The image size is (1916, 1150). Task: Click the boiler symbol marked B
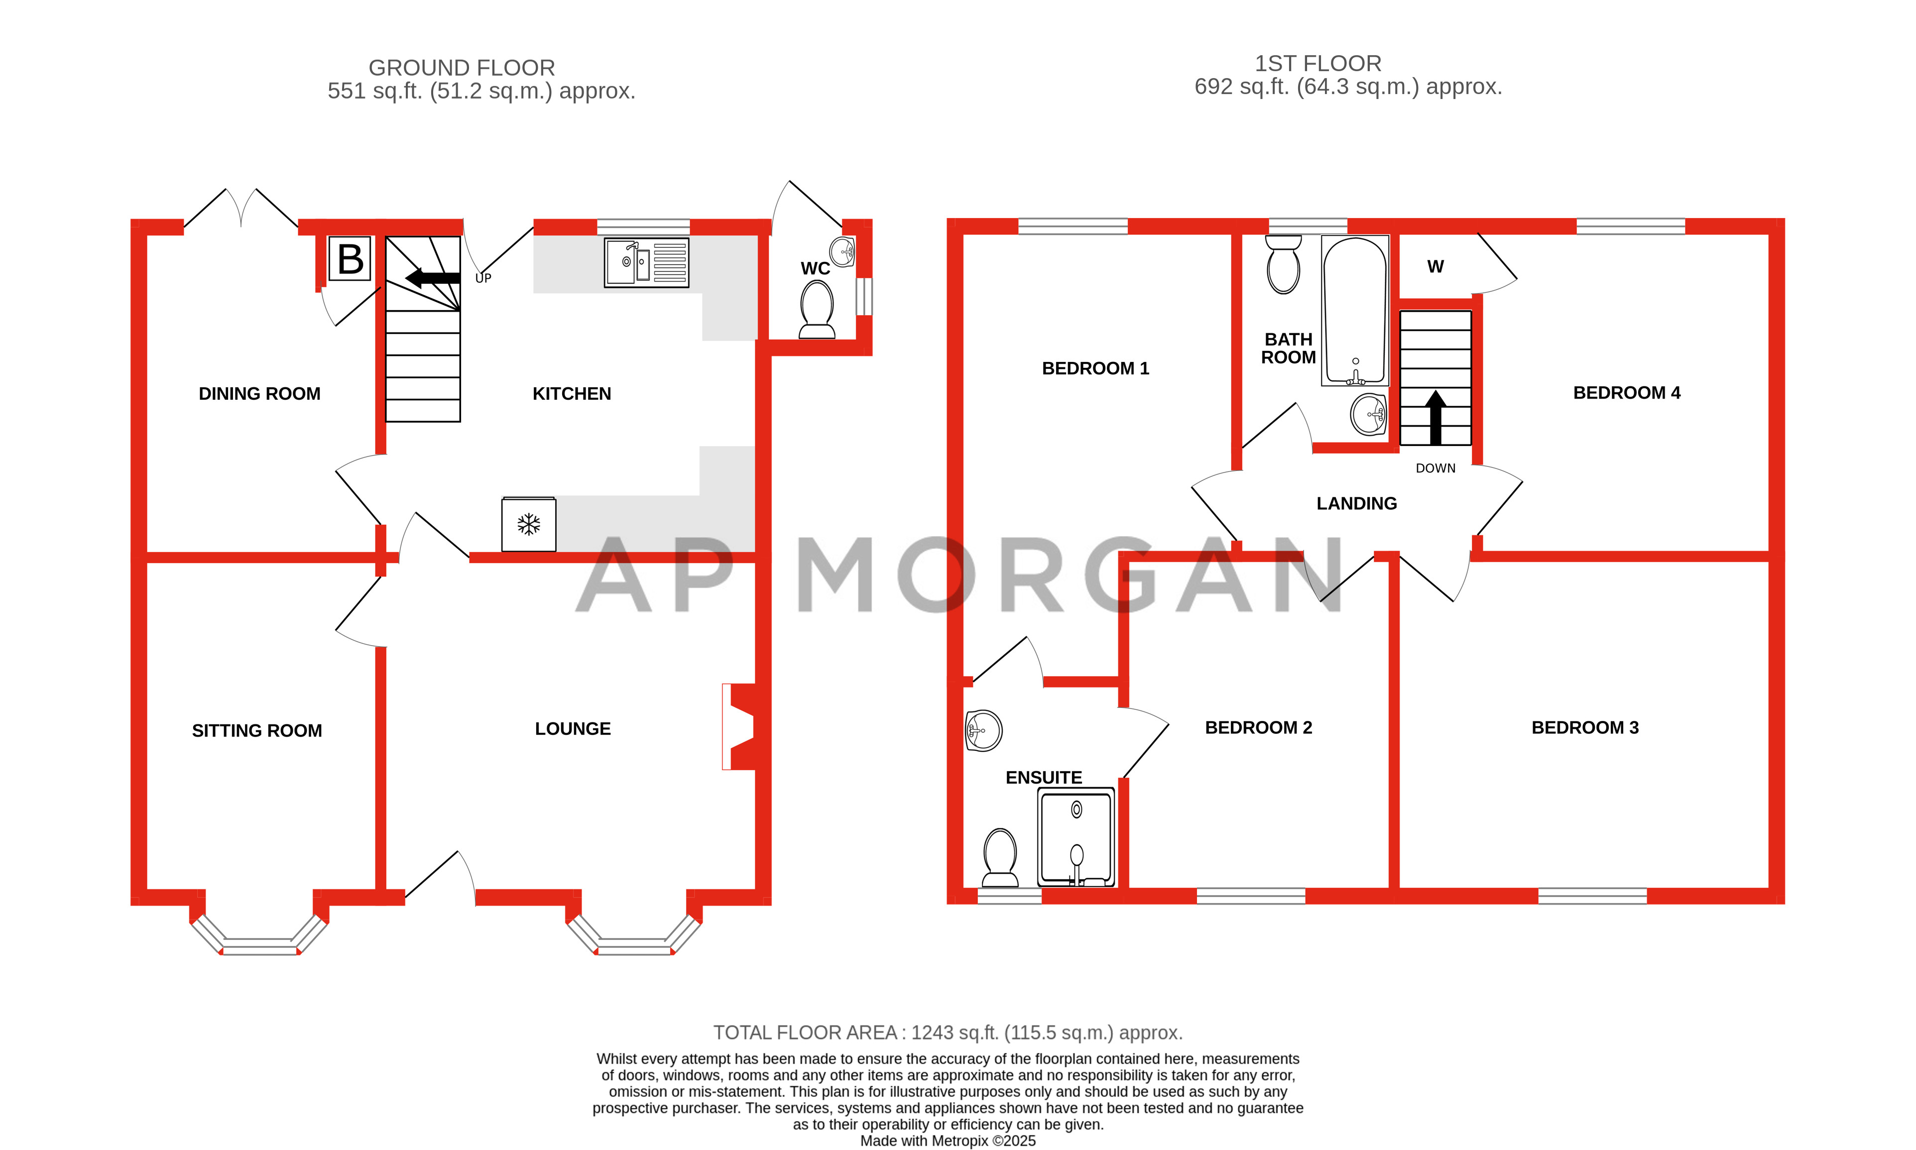click(350, 258)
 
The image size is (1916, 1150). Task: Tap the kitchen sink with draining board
click(646, 263)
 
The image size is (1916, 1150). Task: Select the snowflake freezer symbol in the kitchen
click(529, 525)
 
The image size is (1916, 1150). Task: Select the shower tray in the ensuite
click(1076, 837)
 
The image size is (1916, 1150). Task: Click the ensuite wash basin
click(983, 730)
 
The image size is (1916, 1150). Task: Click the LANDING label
click(1356, 504)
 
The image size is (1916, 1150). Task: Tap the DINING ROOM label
click(259, 394)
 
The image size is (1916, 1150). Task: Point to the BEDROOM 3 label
click(1584, 728)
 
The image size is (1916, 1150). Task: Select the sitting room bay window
click(259, 937)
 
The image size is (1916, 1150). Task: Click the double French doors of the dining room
click(241, 208)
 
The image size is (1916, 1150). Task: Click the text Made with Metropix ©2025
click(947, 1141)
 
